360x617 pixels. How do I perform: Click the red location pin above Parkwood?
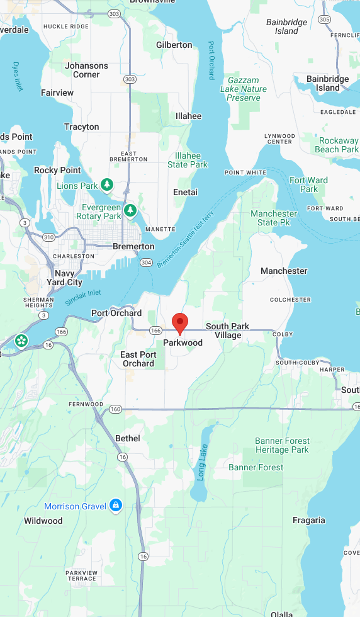tap(180, 323)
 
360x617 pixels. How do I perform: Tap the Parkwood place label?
tap(183, 342)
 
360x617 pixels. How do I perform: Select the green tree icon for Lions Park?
tap(107, 184)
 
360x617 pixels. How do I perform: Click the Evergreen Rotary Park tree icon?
tap(130, 210)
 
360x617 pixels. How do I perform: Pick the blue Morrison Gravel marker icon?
tap(115, 505)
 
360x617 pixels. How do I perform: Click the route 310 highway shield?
tap(48, 237)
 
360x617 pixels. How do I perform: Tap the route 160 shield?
tap(115, 409)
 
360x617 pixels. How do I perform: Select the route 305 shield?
tap(324, 20)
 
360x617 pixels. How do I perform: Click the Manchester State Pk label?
tap(274, 218)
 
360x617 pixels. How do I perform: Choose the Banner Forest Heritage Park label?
tap(282, 445)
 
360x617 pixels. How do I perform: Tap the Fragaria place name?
tap(309, 520)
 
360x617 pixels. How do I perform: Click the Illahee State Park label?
tap(188, 160)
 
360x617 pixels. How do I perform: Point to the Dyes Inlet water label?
tap(18, 76)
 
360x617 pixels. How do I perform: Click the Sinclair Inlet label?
tap(82, 297)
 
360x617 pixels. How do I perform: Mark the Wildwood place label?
tap(43, 521)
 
